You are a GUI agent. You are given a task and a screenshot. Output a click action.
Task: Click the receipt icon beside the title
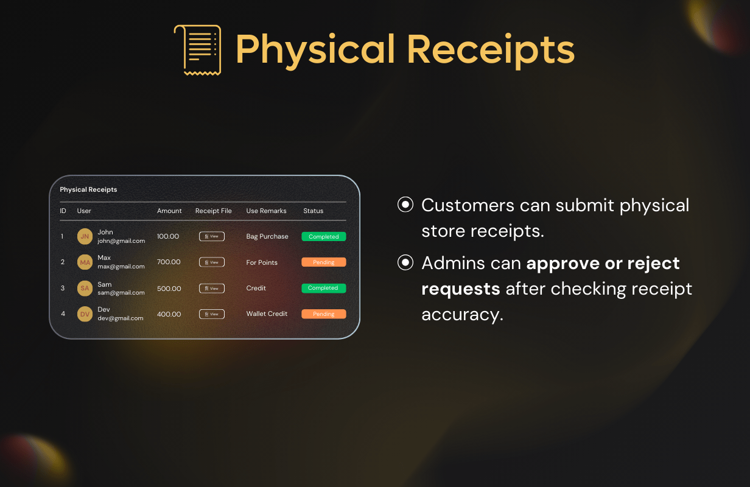coord(197,50)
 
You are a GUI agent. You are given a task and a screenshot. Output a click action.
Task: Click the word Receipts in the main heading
coord(491,50)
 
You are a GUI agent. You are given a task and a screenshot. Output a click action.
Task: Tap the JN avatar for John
coord(85,236)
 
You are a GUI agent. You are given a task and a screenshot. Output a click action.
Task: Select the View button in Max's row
coord(212,262)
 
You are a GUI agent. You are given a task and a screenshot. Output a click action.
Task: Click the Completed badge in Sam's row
coord(324,288)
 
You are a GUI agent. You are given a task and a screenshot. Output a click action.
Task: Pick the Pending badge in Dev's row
coord(324,314)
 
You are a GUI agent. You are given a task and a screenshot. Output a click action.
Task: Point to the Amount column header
coord(169,211)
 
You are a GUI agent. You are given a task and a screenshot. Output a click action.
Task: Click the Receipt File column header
coord(214,211)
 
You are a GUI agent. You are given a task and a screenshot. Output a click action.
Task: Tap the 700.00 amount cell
coord(169,262)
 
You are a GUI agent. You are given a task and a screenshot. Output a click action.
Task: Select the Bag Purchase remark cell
coord(267,236)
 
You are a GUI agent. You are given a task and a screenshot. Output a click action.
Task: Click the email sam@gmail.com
coord(121,293)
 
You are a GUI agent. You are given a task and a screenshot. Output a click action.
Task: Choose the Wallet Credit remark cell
coord(267,314)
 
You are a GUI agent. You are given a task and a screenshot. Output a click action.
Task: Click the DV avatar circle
coord(85,314)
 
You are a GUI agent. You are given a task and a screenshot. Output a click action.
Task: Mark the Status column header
coord(314,211)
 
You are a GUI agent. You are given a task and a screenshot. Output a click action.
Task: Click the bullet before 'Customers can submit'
coord(405,205)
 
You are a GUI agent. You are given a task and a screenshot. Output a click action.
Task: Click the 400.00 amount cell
coord(169,314)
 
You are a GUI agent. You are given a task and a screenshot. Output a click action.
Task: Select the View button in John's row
coord(212,236)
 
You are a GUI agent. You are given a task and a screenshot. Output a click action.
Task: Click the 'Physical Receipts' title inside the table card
coord(88,189)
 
